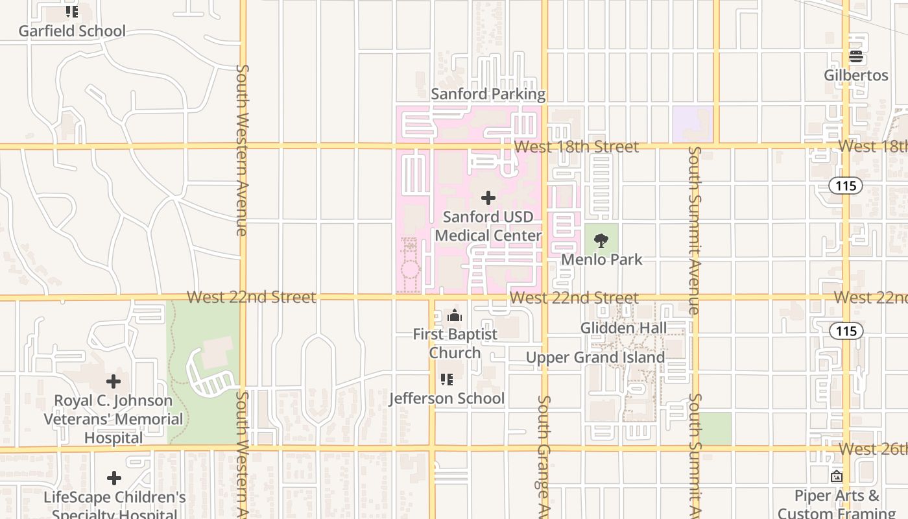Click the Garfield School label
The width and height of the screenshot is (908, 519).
pos(71,30)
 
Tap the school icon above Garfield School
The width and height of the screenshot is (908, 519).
pos(71,12)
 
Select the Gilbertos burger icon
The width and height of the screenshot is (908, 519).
pos(856,56)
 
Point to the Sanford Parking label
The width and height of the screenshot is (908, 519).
pos(488,94)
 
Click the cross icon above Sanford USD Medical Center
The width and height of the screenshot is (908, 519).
pos(488,198)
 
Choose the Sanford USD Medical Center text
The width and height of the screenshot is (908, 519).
pos(488,226)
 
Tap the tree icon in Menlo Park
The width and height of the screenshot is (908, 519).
pos(601,241)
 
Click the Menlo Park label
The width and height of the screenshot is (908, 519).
pos(601,259)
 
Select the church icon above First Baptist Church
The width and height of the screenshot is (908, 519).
pos(455,316)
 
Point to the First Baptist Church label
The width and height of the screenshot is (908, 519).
pos(455,343)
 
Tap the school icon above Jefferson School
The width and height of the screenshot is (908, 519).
pos(446,379)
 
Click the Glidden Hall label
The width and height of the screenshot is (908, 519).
pos(623,328)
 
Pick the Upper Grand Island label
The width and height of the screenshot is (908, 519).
pos(595,357)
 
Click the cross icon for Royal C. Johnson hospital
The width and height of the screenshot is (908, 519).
pos(113,381)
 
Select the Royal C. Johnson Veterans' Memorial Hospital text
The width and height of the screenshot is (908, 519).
pos(113,419)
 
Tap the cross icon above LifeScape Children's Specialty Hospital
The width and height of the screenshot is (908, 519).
pos(114,479)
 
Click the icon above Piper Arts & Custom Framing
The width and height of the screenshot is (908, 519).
pos(837,476)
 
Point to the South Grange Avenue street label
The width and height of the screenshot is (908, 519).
pos(544,448)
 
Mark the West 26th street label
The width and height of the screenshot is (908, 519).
pos(872,449)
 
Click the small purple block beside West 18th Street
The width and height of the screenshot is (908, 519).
pos(693,124)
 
